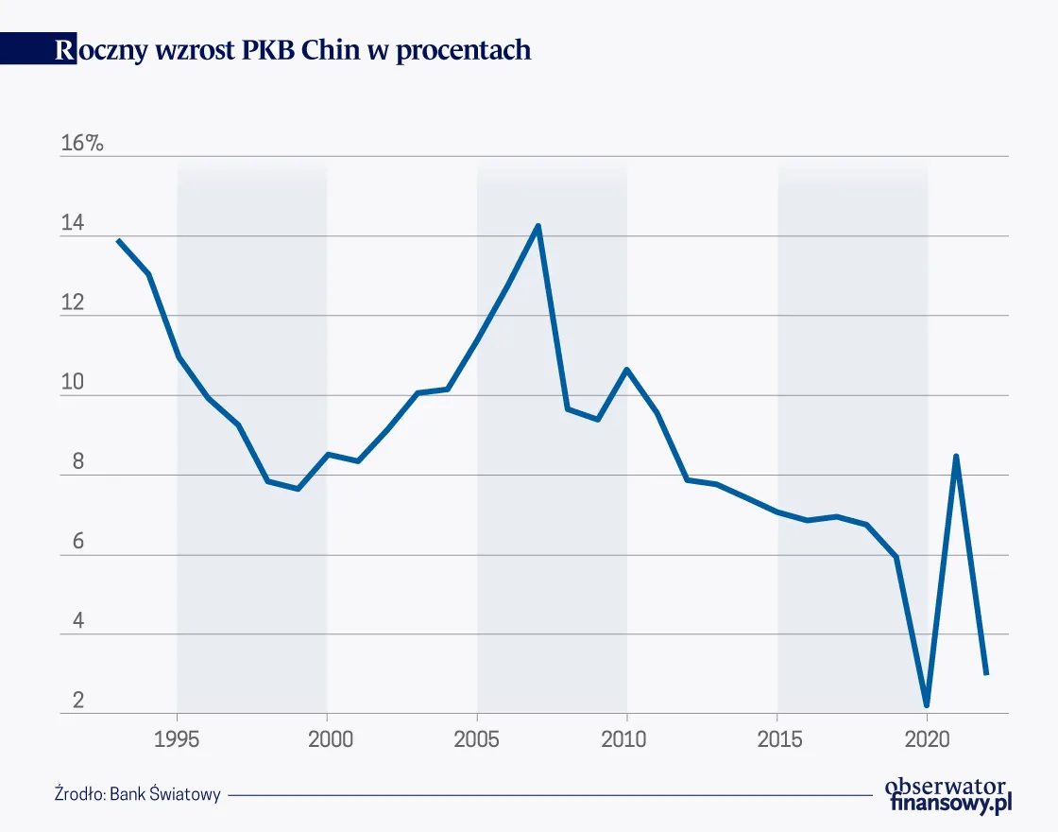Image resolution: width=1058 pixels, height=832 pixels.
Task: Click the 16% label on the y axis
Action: point(81,144)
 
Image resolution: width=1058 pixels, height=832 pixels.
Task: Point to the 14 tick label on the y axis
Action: point(73,224)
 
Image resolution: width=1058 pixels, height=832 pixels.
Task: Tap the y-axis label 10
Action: point(73,384)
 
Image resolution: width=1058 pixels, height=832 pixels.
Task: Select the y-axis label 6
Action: point(66,543)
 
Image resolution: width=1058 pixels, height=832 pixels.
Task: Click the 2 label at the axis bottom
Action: point(66,702)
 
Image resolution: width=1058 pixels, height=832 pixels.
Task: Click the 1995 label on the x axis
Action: point(177,739)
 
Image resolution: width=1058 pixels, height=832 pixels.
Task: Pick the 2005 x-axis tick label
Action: point(477,739)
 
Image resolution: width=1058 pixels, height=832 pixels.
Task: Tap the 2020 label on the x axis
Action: point(927,739)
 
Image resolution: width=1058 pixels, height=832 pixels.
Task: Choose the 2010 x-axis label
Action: point(626,739)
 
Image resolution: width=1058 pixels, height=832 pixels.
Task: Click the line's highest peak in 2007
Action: point(538,226)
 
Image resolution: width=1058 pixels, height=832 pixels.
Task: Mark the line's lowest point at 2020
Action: point(927,704)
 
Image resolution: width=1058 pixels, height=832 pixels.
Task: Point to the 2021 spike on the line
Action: point(956,457)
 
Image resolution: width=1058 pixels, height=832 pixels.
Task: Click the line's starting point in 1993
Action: point(118,240)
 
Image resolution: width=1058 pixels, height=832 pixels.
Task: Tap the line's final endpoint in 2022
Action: point(986,673)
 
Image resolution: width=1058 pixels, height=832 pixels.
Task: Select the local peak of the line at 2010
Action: point(626,370)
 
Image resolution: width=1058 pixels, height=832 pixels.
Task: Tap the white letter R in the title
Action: point(64,50)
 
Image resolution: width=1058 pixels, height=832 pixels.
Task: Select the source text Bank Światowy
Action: point(164,794)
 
